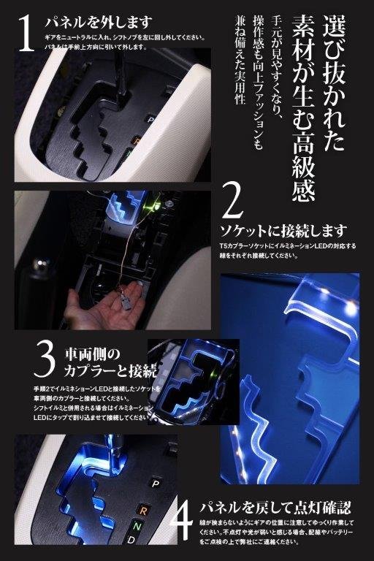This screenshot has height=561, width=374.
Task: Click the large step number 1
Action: [x=26, y=35]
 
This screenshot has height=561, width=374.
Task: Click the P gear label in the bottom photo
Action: [x=156, y=483]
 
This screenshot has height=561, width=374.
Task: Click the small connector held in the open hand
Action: [x=126, y=302]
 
